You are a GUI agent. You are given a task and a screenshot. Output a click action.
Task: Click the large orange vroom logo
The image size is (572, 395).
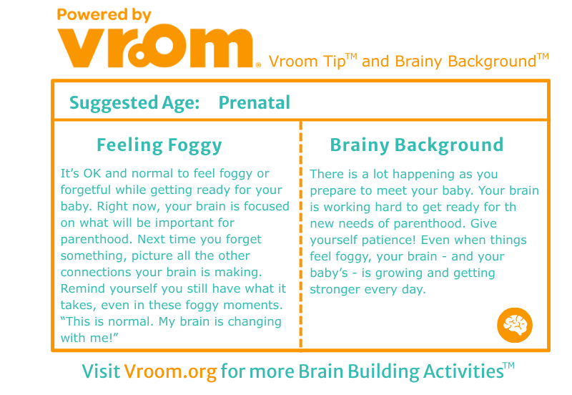pos(156,47)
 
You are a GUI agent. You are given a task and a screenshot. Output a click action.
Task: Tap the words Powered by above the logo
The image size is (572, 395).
pos(104,15)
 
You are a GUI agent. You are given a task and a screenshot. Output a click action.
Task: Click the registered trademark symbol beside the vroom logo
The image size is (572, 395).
pos(258,65)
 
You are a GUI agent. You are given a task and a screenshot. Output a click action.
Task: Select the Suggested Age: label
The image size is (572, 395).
pos(134,102)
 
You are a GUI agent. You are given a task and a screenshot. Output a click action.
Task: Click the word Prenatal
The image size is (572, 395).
pos(255,102)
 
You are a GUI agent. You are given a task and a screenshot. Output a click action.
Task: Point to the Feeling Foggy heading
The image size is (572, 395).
pos(159,145)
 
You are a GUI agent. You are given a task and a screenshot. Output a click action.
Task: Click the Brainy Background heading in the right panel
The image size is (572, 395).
pos(417,145)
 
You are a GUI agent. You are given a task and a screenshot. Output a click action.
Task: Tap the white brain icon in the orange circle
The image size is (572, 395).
pos(515,325)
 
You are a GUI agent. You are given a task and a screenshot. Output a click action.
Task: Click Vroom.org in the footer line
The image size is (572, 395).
pos(170,371)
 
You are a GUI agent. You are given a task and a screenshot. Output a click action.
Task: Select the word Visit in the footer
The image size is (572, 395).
pos(101,371)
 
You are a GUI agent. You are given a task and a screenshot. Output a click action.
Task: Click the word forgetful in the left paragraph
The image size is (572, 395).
pos(85,190)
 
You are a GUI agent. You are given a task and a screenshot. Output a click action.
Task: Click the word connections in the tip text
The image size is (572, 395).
pos(96,273)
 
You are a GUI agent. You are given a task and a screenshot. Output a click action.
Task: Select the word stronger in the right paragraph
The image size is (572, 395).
pos(335,290)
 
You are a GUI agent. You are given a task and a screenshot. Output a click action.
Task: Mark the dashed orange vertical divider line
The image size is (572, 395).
pos(300,235)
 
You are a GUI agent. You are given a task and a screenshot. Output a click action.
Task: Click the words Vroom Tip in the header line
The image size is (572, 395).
pos(307,62)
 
